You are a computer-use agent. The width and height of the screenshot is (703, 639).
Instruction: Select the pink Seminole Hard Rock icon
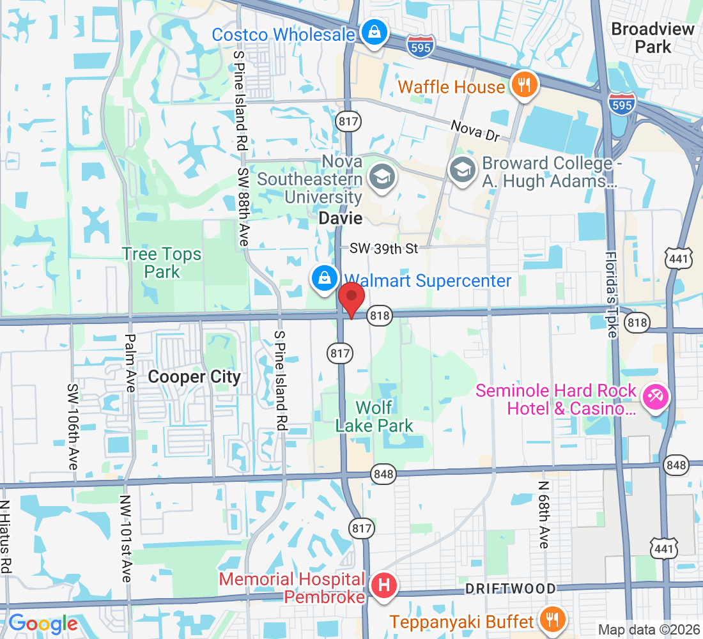(655, 397)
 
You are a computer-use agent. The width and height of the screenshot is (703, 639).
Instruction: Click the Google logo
(43, 624)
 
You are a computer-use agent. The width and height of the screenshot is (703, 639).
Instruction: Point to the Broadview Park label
(653, 38)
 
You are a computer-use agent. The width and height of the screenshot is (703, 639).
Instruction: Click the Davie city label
(341, 218)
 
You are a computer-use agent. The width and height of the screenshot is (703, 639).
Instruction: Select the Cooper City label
(194, 377)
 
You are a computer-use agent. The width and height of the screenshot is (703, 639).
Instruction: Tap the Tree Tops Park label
(162, 263)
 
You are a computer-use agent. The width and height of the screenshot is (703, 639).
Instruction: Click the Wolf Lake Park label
(375, 416)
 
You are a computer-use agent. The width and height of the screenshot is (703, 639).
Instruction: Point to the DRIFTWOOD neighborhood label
(510, 588)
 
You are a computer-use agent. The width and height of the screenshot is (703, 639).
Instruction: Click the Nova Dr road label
(474, 129)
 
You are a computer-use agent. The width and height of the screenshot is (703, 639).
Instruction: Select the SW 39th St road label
(383, 249)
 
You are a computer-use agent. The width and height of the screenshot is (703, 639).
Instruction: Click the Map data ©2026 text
(649, 629)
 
